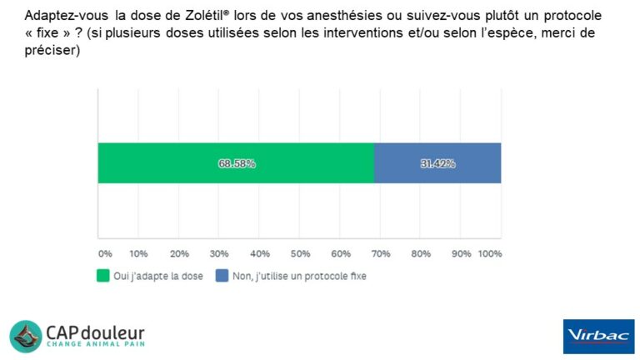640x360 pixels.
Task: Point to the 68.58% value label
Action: pyautogui.click(x=237, y=164)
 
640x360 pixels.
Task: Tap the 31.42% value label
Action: pyautogui.click(x=437, y=164)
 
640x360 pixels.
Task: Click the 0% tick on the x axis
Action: pyautogui.click(x=105, y=253)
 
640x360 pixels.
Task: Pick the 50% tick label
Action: pyautogui.click(x=300, y=253)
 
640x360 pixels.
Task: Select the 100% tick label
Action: pyautogui.click(x=489, y=253)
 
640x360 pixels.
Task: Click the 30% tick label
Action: pyautogui.click(x=219, y=253)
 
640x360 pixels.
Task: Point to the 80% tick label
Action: pyautogui.click(x=421, y=253)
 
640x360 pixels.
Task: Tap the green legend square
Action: pyautogui.click(x=103, y=276)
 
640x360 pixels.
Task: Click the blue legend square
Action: pyautogui.click(x=222, y=276)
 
